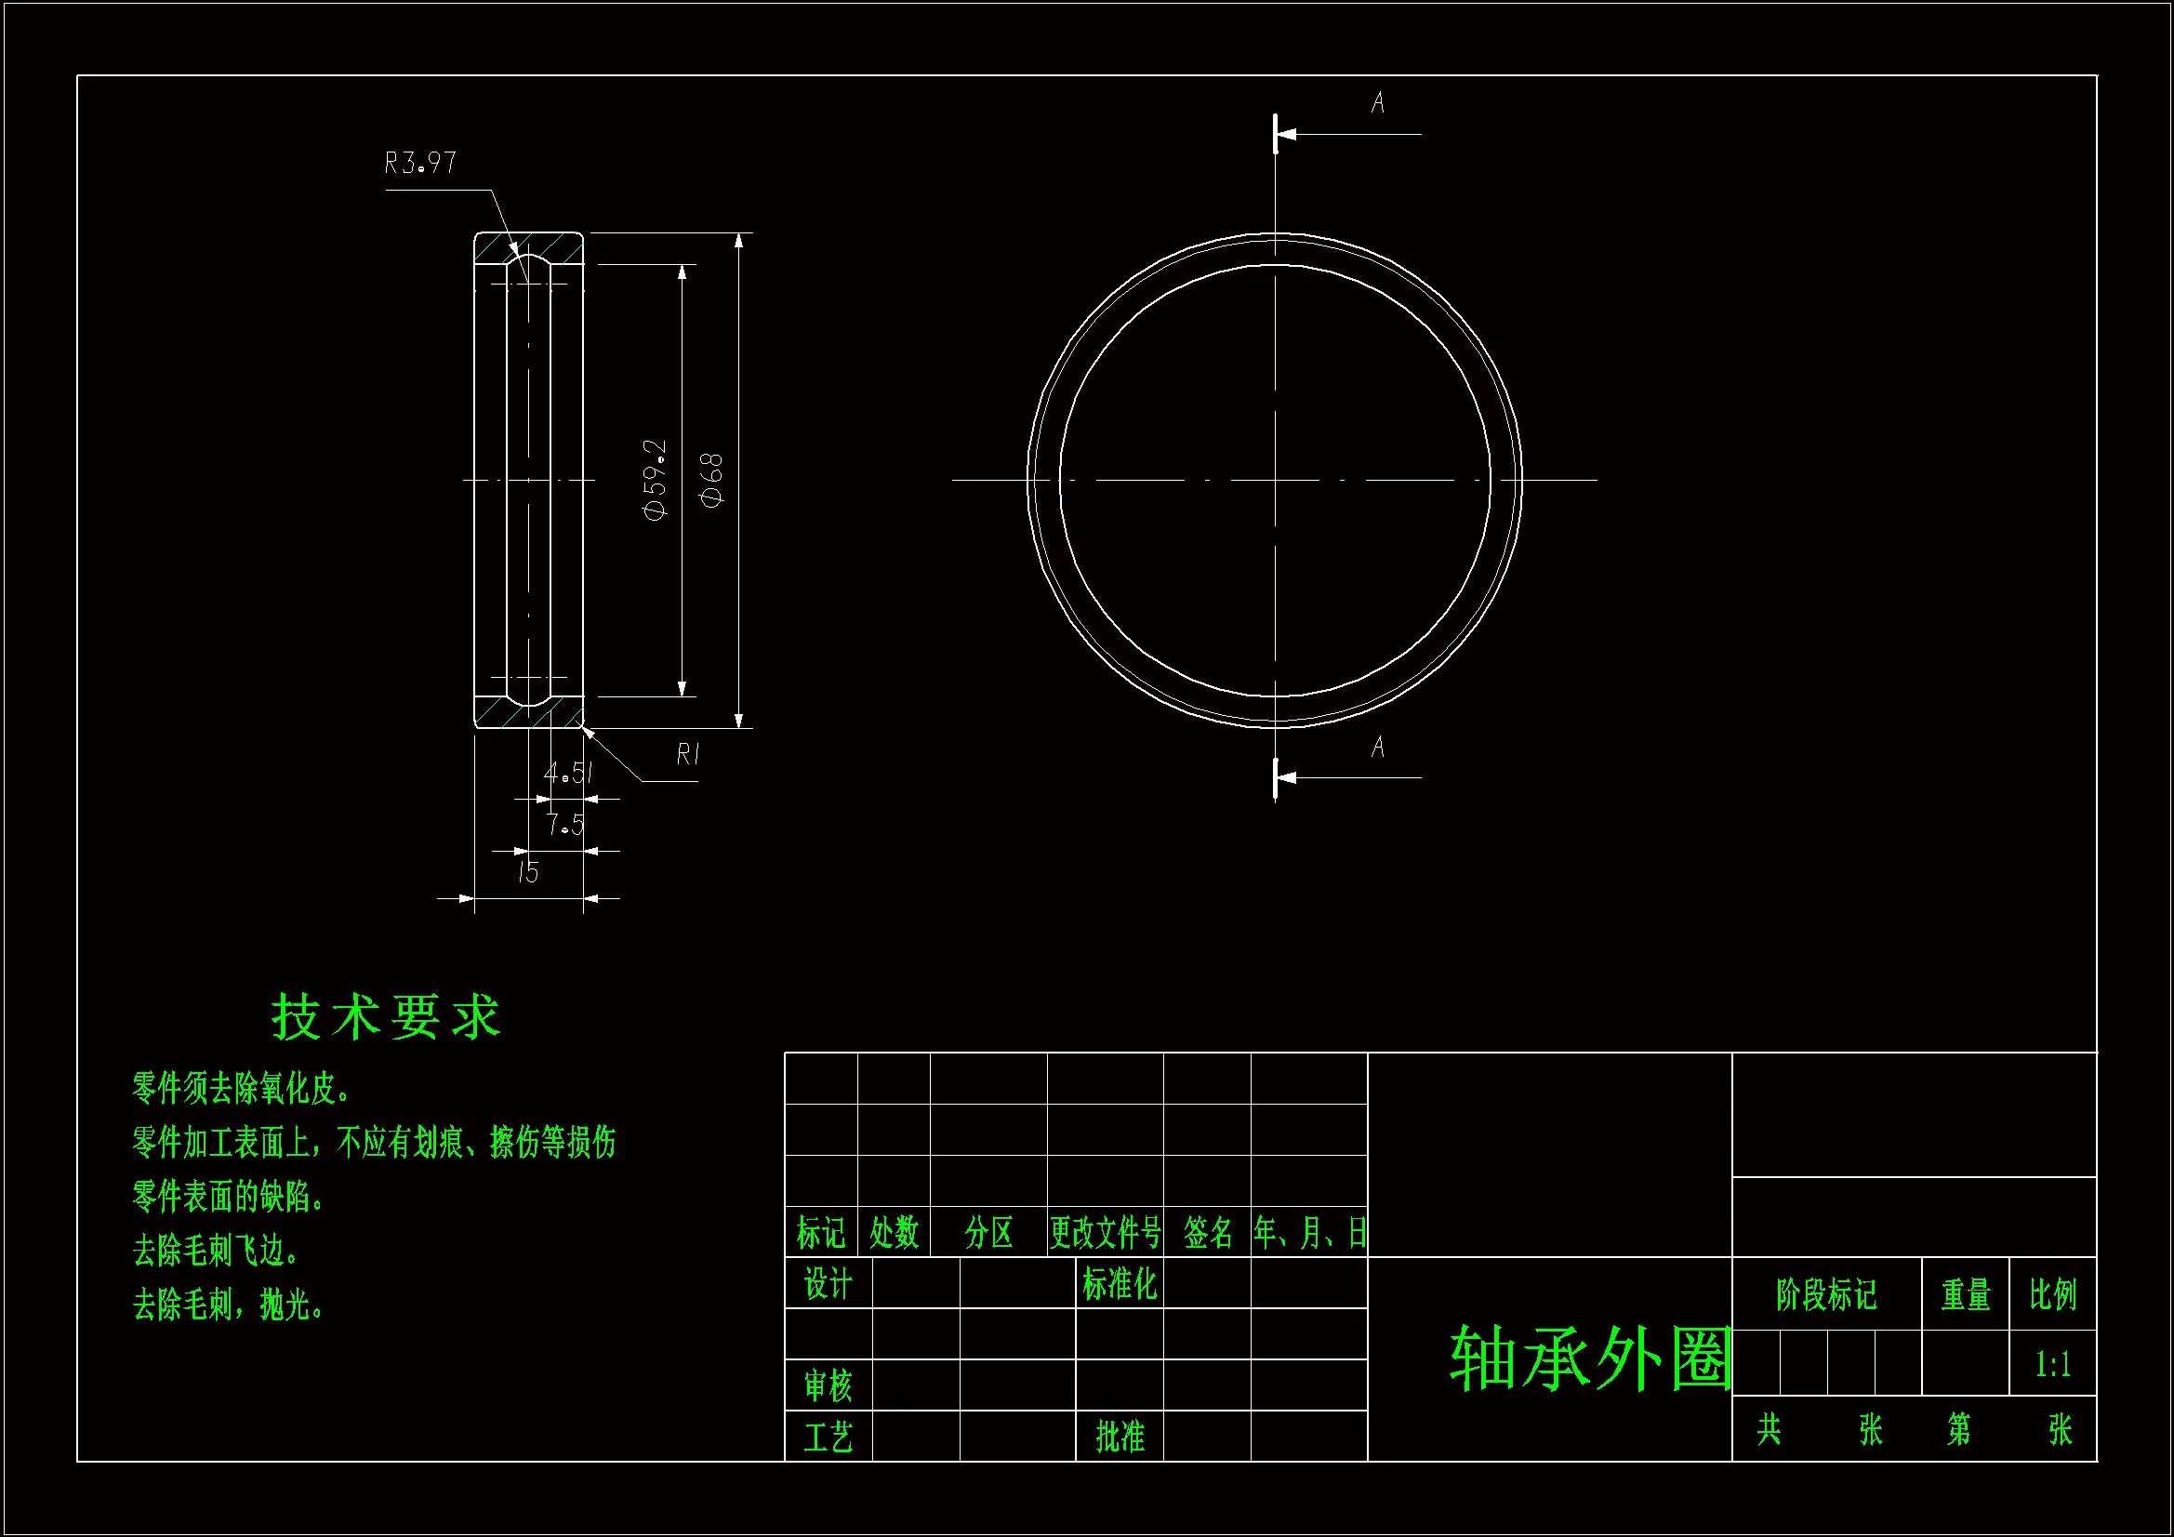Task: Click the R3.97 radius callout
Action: click(x=420, y=164)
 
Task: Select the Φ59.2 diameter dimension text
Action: click(x=656, y=479)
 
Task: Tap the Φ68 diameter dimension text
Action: click(x=712, y=479)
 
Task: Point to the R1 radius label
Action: click(x=688, y=754)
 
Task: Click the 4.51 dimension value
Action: click(x=568, y=774)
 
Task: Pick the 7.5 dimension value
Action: click(x=564, y=825)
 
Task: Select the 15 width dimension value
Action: click(x=527, y=872)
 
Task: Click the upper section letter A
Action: click(x=1378, y=102)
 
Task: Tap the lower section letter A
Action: click(x=1378, y=748)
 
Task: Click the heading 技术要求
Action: click(x=386, y=1018)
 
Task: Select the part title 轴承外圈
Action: click(x=1591, y=1359)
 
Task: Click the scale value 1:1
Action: click(x=2052, y=1365)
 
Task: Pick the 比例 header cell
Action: click(x=2052, y=1294)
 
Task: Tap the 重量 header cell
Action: click(x=1966, y=1294)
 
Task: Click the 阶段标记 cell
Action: click(x=1826, y=1294)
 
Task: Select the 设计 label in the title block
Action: click(x=828, y=1284)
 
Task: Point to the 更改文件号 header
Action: click(x=1105, y=1232)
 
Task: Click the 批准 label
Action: click(x=1120, y=1437)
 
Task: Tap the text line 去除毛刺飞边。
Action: click(x=216, y=1251)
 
